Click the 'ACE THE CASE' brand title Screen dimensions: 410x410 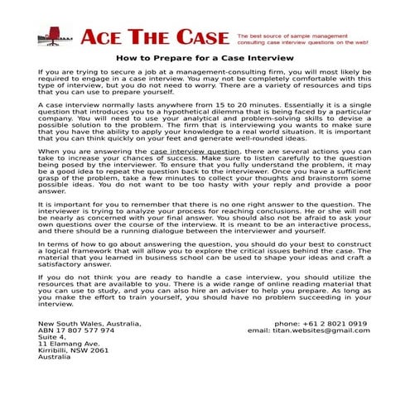(154, 37)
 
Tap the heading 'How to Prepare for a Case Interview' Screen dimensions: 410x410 (205, 59)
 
